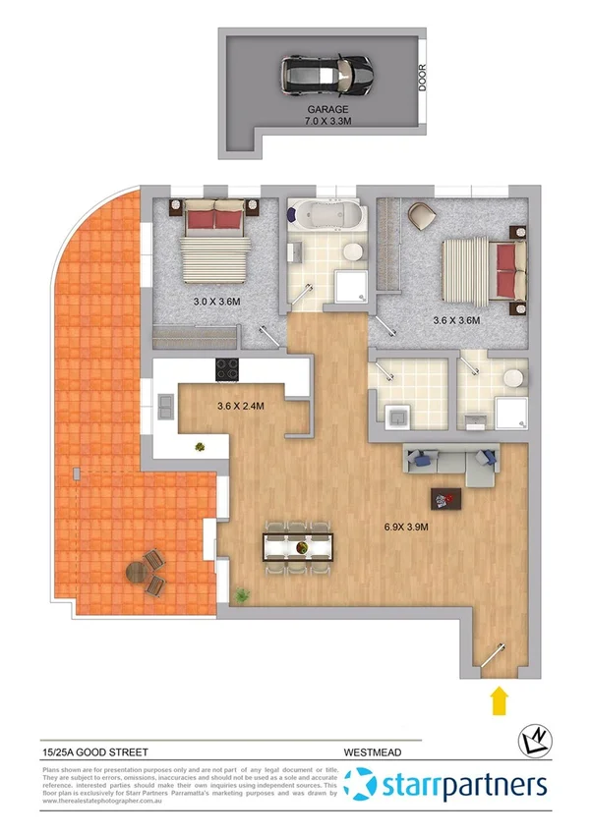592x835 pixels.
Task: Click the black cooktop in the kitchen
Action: click(x=228, y=370)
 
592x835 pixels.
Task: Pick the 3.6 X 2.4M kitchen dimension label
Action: click(x=241, y=405)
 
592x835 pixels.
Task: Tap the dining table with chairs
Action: click(x=298, y=546)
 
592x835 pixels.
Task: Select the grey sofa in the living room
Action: click(x=451, y=461)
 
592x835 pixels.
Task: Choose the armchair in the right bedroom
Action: click(x=421, y=213)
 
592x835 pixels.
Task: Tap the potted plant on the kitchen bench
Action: click(x=201, y=446)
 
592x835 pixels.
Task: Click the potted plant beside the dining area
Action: click(x=241, y=594)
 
